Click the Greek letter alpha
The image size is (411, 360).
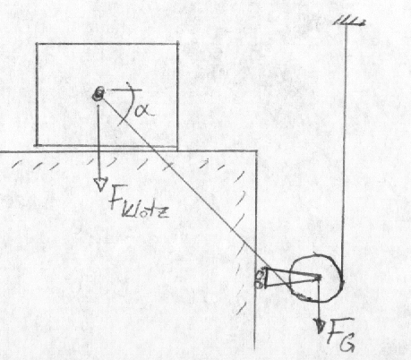[144, 110]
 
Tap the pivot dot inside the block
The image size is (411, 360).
[98, 93]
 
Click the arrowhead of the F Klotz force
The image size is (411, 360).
[100, 184]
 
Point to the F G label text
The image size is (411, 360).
[341, 334]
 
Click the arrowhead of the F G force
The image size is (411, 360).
[320, 326]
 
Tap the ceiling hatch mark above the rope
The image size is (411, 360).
[349, 21]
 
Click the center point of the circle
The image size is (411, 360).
[319, 278]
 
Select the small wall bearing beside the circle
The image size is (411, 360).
[261, 279]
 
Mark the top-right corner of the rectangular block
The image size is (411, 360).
[178, 44]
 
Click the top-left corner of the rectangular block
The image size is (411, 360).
[37, 44]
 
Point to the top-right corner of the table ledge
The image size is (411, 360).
[257, 151]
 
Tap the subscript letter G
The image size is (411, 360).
[347, 343]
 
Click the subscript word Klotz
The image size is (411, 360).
[146, 210]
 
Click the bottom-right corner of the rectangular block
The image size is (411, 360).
[177, 146]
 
